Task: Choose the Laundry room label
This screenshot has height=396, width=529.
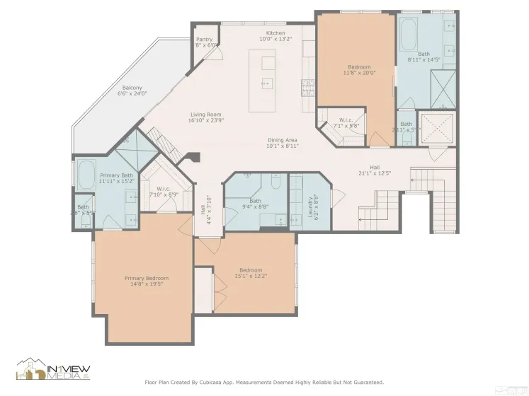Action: click(x=312, y=202)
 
